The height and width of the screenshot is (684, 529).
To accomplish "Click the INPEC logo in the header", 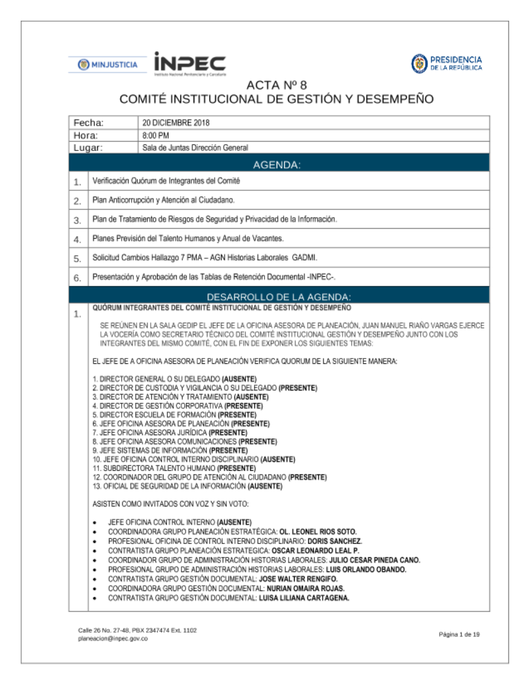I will point(190,63).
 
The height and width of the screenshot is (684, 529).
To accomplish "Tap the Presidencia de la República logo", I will point(447,63).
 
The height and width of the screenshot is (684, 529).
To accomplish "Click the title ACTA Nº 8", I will point(276,85).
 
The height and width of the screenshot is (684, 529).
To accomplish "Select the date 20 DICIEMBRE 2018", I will point(176,123).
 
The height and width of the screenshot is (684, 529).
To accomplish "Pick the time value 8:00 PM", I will point(156,135).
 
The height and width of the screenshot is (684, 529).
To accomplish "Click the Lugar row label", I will point(88,148).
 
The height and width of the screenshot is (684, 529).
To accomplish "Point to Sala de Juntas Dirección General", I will point(195,148).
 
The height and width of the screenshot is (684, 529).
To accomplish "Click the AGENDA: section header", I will point(277,165).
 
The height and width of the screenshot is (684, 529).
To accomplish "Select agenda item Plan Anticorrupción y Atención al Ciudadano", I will point(163,200).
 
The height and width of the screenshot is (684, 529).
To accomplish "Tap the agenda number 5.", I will point(78,259).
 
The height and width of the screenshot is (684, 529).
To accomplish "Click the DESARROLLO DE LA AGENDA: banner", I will point(279,297).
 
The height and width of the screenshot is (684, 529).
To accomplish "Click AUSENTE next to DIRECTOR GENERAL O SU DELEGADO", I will point(239,379).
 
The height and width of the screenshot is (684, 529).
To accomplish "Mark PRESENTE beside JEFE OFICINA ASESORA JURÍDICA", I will point(228,433).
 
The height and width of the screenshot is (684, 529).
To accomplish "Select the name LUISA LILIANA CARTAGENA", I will point(304,598).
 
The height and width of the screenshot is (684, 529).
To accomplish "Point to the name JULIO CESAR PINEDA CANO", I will point(375,560).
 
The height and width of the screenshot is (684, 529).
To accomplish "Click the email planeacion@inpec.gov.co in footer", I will point(113,639).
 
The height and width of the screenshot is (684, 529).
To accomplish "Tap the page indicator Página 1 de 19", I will point(459,634).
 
